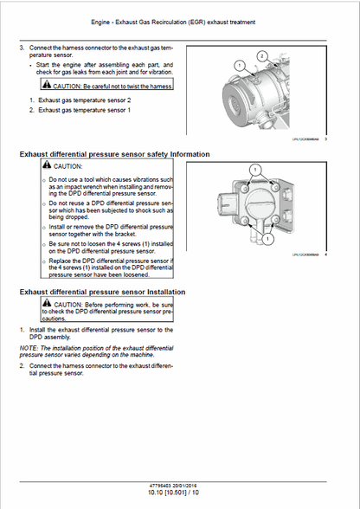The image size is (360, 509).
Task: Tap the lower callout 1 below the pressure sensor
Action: click(255, 253)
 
